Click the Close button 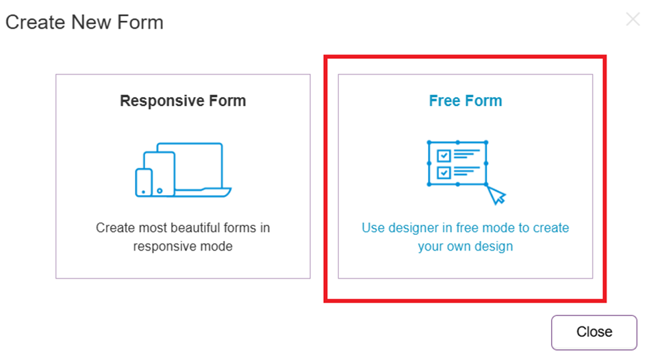[x=594, y=333]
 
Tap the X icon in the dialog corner [x=633, y=19]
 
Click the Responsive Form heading [x=183, y=101]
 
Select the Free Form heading [x=466, y=101]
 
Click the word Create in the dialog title [x=35, y=23]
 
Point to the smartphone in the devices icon [x=144, y=182]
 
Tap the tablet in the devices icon [x=160, y=174]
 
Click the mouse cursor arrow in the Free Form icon [x=496, y=194]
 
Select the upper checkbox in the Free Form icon [x=444, y=155]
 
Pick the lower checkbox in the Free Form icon [x=444, y=172]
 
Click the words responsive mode [x=183, y=246]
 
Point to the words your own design [x=466, y=246]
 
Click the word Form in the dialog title [x=140, y=23]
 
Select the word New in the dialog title [x=91, y=23]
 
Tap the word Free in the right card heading [x=444, y=101]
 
